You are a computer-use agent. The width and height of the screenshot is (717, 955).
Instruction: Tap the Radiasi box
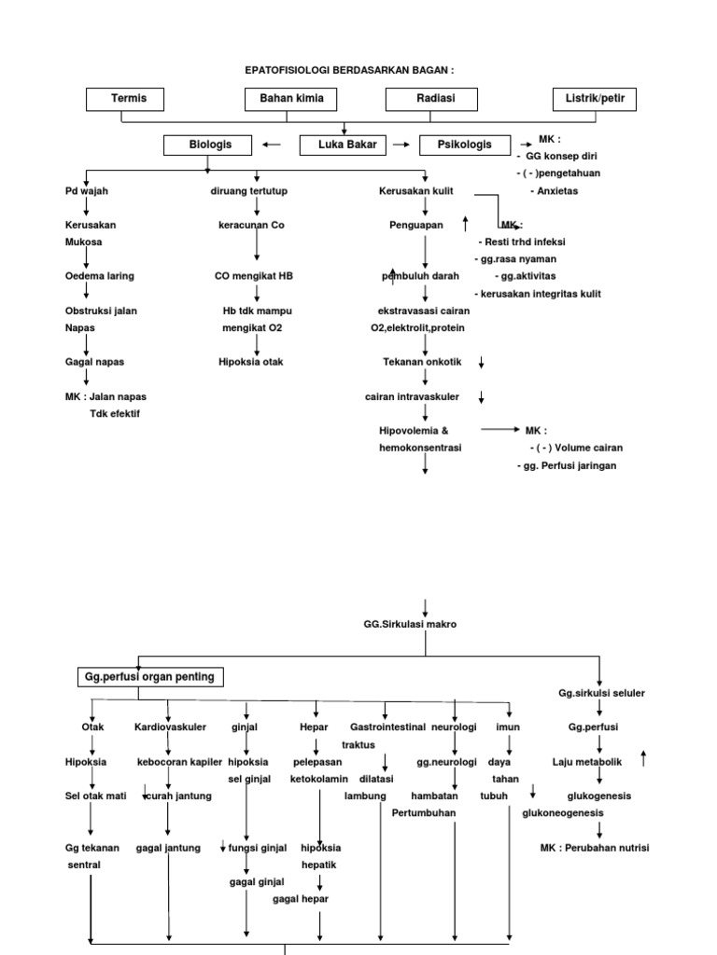(x=432, y=99)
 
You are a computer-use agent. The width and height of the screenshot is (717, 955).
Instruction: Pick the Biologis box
(x=209, y=145)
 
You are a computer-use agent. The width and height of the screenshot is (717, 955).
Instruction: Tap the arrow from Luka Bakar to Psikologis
(x=401, y=145)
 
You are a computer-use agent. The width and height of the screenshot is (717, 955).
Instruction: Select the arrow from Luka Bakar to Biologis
(x=273, y=145)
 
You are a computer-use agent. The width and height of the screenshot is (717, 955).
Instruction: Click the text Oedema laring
(x=100, y=275)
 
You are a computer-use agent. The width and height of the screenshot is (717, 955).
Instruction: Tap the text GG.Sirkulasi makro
(x=411, y=624)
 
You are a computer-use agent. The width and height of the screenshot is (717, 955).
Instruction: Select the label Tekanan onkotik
(x=425, y=361)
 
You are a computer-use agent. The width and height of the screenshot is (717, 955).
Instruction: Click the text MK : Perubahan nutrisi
(x=595, y=848)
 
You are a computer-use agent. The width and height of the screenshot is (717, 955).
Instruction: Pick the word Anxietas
(x=555, y=191)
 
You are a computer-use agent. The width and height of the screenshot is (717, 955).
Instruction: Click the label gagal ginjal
(x=257, y=881)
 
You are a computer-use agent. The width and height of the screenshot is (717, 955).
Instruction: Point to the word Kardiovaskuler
(x=169, y=727)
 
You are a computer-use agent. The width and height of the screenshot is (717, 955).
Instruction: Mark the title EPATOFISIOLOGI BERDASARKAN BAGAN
(x=349, y=70)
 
